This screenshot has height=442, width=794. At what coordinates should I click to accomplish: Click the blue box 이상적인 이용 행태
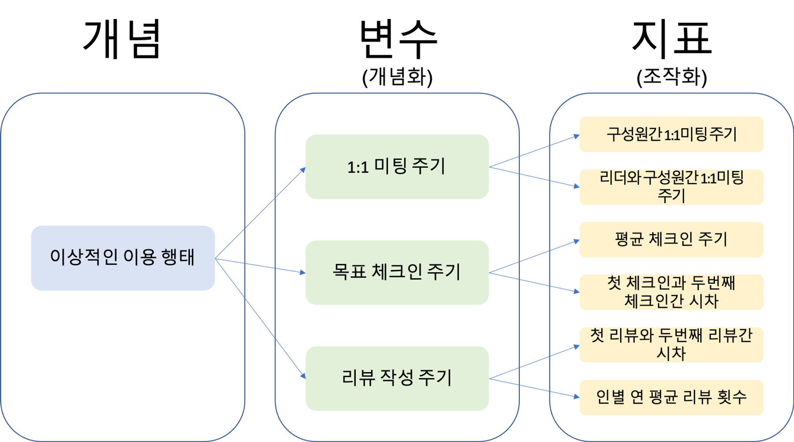point(123,258)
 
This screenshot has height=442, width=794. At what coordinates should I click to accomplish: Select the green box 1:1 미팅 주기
point(397,166)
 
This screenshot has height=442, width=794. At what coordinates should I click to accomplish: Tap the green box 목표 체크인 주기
point(397,272)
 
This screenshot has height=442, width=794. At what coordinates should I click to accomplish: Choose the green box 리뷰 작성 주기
point(397,378)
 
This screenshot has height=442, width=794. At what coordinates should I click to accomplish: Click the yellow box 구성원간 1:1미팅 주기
point(671,134)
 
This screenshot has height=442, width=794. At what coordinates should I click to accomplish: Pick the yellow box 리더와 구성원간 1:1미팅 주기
point(671,187)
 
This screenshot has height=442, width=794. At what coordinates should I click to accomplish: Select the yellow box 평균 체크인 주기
point(671,240)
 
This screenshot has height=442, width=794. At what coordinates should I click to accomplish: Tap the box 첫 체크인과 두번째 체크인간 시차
point(671,292)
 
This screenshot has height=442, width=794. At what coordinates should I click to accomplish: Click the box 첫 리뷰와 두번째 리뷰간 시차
point(671,344)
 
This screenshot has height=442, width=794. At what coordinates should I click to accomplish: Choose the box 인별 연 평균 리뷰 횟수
point(671,397)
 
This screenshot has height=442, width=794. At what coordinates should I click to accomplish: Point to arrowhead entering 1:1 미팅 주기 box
point(303,170)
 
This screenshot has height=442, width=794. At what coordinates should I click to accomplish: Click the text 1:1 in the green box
point(358,167)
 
